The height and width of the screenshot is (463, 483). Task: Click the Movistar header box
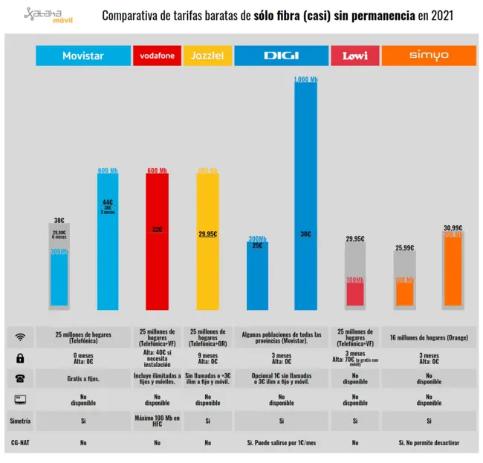[x=82, y=56]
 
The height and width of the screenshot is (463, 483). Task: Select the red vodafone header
[x=156, y=56]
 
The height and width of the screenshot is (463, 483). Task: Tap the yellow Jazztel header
[x=207, y=56]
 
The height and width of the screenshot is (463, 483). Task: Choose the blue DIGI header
[x=281, y=56]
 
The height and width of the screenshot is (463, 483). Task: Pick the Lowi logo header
[x=355, y=56]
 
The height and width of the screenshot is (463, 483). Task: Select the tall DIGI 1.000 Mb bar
[x=305, y=193]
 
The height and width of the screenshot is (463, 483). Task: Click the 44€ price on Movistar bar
[x=108, y=201]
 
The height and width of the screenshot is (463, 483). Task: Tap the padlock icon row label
[x=21, y=358]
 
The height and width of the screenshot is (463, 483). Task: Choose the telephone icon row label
[x=21, y=379]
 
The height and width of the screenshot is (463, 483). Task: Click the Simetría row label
[x=21, y=421]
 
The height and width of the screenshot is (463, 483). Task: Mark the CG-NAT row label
[x=21, y=442]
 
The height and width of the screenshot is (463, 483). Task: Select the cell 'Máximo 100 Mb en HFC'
[x=157, y=421]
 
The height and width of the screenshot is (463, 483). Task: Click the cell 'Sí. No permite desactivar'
[x=429, y=442]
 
